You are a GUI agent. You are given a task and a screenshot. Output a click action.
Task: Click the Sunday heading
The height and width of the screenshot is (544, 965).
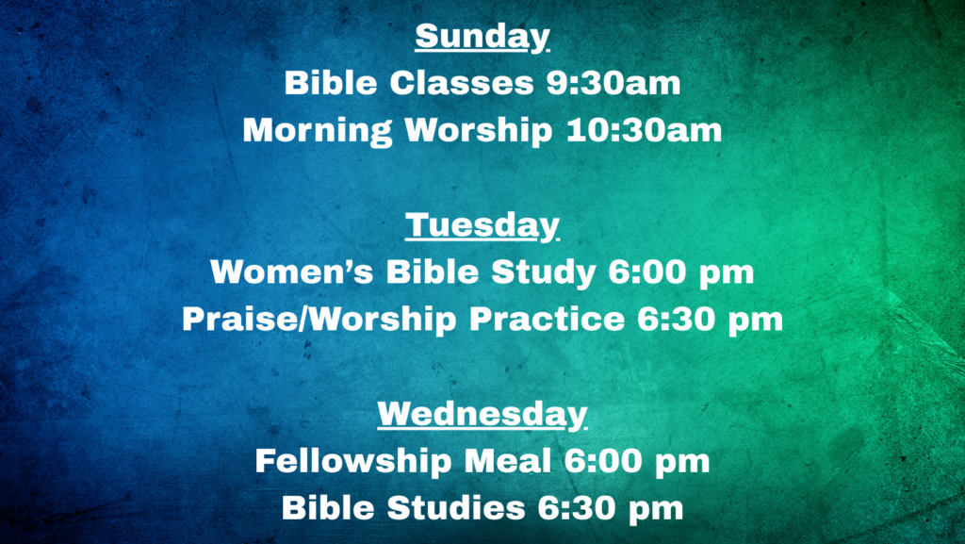(482, 37)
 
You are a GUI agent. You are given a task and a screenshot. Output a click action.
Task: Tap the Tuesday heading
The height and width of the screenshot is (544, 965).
(482, 225)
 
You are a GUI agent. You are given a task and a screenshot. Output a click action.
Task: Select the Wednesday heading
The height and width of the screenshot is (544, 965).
(482, 414)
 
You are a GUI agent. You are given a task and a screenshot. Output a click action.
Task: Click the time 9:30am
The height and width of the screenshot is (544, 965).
(613, 83)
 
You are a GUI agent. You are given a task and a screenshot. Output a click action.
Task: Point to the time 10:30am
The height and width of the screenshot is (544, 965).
(644, 130)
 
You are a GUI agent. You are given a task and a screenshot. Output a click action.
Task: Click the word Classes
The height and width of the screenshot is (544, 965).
(461, 83)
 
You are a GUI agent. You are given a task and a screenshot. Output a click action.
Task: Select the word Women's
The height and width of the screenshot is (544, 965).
(292, 272)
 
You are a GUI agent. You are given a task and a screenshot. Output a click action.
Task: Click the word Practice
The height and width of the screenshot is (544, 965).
(547, 319)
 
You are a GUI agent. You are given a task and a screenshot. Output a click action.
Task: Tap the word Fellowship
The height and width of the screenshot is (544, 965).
(353, 462)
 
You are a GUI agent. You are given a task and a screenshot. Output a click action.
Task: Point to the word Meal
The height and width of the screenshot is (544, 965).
(508, 461)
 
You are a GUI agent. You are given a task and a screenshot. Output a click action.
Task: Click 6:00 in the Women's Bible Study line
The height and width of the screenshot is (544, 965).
(646, 272)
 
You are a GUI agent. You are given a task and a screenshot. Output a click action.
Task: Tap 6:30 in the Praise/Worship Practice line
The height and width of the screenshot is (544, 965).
(676, 320)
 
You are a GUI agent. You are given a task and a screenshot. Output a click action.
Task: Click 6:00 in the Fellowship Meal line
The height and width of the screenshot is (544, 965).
(602, 462)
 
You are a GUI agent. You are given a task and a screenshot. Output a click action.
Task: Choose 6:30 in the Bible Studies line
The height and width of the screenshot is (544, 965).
(576, 508)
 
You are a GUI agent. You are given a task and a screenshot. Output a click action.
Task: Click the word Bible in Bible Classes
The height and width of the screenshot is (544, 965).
(331, 83)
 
